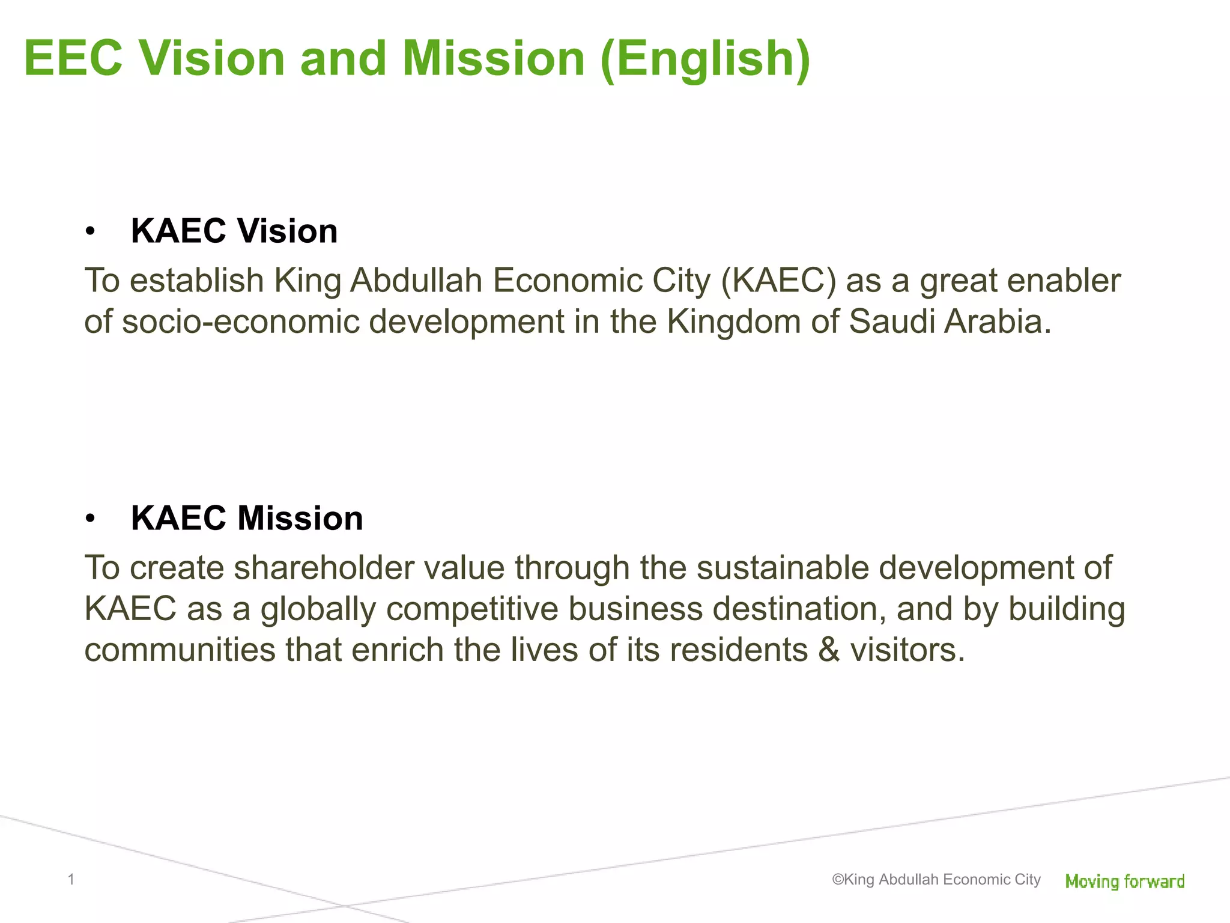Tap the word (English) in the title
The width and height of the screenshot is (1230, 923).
click(x=705, y=59)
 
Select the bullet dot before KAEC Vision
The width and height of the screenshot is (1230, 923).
click(x=90, y=231)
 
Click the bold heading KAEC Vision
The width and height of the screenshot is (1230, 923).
click(x=234, y=231)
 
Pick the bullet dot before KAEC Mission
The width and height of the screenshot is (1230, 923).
click(x=90, y=519)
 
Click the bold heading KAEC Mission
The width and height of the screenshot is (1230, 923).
click(x=247, y=519)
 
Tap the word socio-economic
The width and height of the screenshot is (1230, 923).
click(x=240, y=321)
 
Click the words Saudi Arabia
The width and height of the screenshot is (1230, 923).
click(x=950, y=321)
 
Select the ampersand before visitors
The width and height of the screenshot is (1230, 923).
click(x=829, y=650)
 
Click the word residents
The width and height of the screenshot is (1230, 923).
click(x=739, y=650)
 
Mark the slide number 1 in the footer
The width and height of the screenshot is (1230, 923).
click(x=71, y=880)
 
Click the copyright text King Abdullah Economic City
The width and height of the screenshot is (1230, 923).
click(x=936, y=880)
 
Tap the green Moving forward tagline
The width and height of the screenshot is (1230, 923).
click(x=1124, y=882)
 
